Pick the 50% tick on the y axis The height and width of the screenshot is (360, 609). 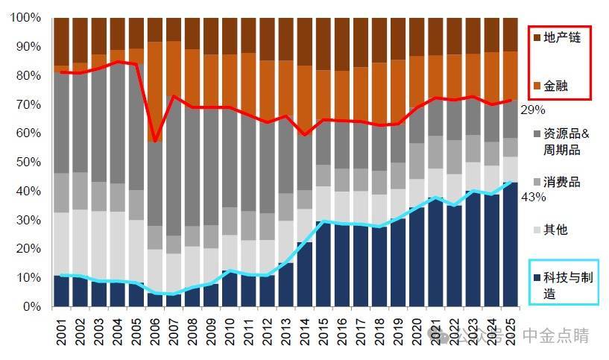click(x=29, y=162)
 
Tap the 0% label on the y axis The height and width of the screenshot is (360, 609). click(x=32, y=306)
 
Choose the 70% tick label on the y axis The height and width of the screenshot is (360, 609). click(x=29, y=104)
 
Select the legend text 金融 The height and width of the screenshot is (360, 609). click(x=555, y=86)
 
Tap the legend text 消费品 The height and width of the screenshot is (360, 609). click(x=561, y=182)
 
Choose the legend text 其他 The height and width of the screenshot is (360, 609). click(x=555, y=230)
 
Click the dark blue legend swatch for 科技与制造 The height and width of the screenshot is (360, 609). click(x=536, y=277)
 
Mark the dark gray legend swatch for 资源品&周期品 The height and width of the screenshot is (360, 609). click(x=536, y=134)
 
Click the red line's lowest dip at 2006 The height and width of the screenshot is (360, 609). click(x=155, y=141)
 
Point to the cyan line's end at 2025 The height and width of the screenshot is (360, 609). click(x=511, y=182)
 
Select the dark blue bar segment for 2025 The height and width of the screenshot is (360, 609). click(x=511, y=246)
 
